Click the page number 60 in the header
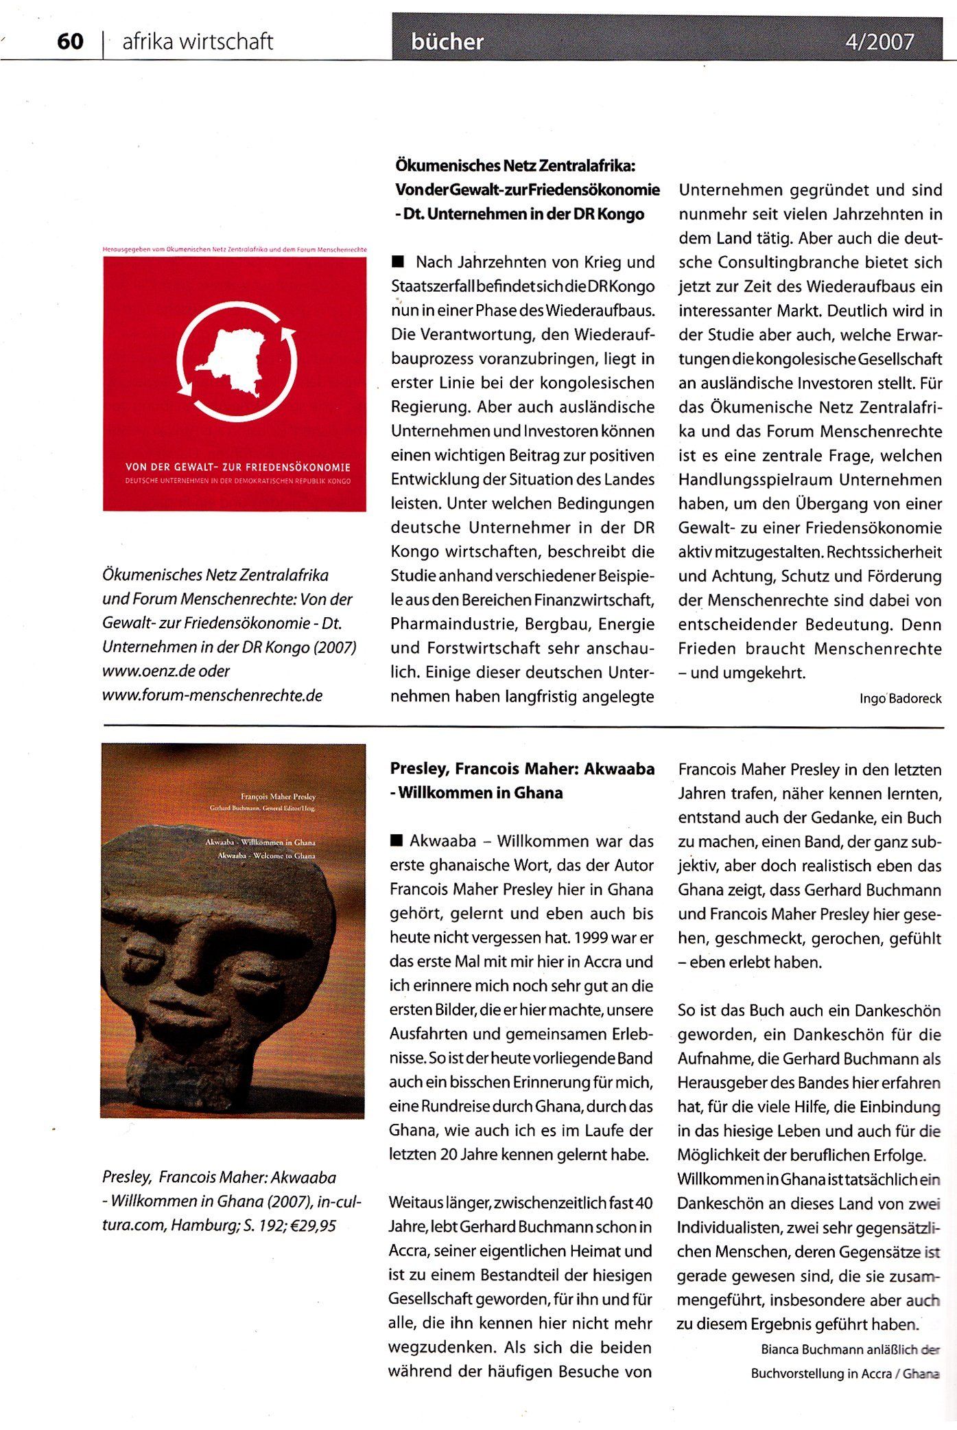[x=70, y=42]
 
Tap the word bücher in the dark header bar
[x=447, y=43]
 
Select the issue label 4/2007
[x=879, y=43]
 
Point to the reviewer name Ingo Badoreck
[x=900, y=699]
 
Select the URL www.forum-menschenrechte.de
[x=212, y=695]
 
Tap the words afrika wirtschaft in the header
[x=198, y=42]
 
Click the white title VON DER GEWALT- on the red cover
[x=185, y=467]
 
